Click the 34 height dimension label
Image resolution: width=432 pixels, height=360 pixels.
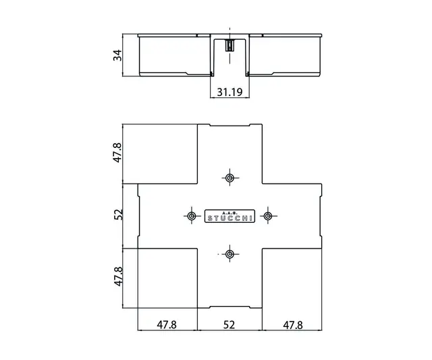(x=117, y=55)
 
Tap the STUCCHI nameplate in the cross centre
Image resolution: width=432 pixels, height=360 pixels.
(x=230, y=216)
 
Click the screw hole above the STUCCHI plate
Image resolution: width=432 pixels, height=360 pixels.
(x=230, y=178)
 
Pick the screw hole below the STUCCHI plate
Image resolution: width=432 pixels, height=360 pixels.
(x=230, y=254)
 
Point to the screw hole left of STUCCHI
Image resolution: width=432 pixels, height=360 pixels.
(x=191, y=216)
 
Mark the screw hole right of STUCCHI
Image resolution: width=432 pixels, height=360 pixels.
(x=268, y=216)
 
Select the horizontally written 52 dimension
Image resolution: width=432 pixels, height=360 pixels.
(x=229, y=324)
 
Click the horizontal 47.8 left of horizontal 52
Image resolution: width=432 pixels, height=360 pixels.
(x=167, y=324)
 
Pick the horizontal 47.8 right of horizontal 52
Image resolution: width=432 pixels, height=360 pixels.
(x=292, y=324)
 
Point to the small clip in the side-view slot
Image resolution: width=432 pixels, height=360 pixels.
(x=230, y=46)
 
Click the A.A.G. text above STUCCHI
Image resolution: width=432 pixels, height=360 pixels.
(x=230, y=210)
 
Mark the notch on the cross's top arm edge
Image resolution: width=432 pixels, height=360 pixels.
(x=230, y=127)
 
